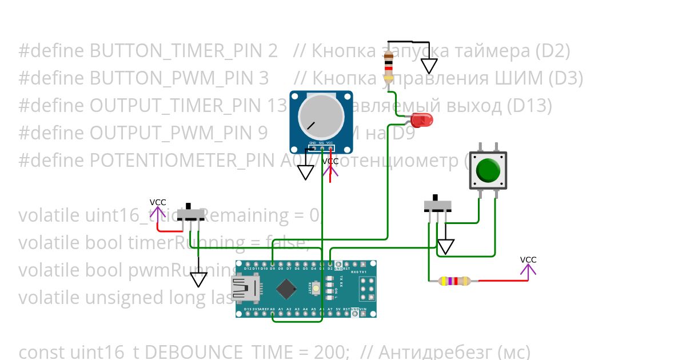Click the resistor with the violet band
tap(454, 281)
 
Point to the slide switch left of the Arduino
tap(190, 214)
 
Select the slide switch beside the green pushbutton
tap(437, 205)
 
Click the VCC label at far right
tap(528, 260)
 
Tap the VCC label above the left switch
tap(158, 202)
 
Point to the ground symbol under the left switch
tap(198, 279)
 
